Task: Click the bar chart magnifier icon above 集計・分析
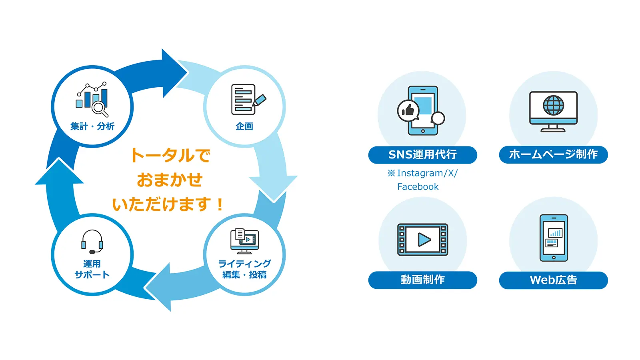(92, 99)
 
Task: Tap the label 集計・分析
(92, 126)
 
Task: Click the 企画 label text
(244, 126)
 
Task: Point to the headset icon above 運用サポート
(92, 242)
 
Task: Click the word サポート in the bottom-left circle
(92, 275)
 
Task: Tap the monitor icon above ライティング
(244, 241)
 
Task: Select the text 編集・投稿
(244, 275)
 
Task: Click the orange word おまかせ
(170, 180)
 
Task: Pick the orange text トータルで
(170, 156)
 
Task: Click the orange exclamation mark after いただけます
(220, 205)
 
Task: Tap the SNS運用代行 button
(422, 155)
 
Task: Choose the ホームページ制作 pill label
(553, 155)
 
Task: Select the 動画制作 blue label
(422, 280)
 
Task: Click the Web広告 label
(553, 280)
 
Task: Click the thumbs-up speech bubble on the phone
(408, 110)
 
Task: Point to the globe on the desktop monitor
(553, 106)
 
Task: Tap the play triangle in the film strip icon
(424, 240)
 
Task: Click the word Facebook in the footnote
(418, 187)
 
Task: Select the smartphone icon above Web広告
(554, 238)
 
